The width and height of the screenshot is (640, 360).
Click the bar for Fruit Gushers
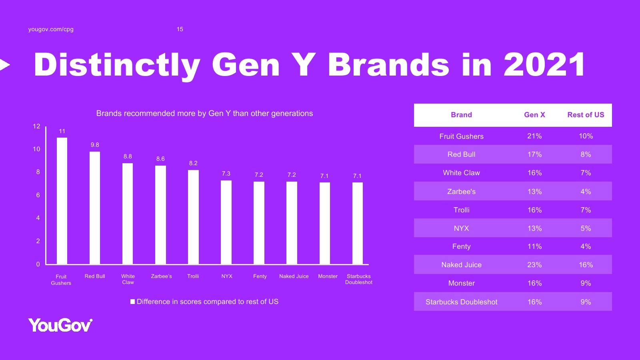[62, 201]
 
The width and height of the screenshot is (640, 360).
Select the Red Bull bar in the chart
[95, 208]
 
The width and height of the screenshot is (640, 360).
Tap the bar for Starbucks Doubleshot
[358, 223]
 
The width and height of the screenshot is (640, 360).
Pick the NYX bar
[226, 222]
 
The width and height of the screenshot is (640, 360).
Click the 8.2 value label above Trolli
[193, 163]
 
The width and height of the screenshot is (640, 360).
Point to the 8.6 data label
[160, 159]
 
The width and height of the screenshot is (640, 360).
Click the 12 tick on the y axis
[36, 126]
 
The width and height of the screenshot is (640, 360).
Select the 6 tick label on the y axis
[38, 195]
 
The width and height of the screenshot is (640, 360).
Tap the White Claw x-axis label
[128, 279]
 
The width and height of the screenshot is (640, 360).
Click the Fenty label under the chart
[260, 276]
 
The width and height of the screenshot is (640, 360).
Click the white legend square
[132, 302]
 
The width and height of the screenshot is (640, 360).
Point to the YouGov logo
[60, 325]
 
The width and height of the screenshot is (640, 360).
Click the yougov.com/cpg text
[51, 29]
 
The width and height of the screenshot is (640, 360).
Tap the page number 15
[180, 29]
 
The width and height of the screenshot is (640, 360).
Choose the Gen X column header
[534, 115]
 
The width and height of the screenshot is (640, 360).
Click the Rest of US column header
[586, 115]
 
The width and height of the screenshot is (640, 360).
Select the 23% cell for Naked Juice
[534, 265]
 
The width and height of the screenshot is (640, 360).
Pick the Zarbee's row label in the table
[462, 192]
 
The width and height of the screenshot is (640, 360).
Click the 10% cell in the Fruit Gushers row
[586, 136]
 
